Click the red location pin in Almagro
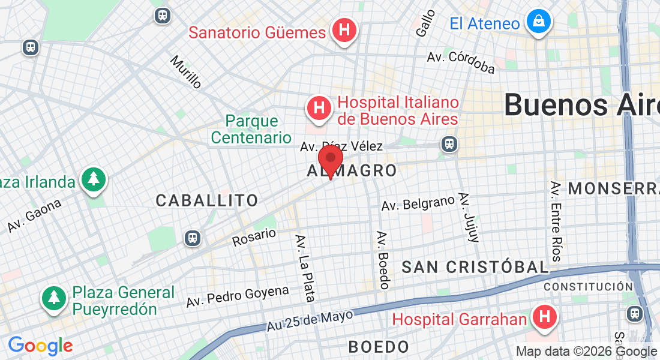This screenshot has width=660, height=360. pyautogui.click(x=330, y=159)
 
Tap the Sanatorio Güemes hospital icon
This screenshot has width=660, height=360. pyautogui.click(x=345, y=30)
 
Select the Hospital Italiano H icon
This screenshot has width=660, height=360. pyautogui.click(x=320, y=109)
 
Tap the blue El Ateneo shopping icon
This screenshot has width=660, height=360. pyautogui.click(x=538, y=23)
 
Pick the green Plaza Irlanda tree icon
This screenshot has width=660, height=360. pyautogui.click(x=93, y=179)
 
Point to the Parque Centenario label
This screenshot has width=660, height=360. pyautogui.click(x=251, y=129)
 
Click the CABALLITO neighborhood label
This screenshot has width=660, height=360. pyautogui.click(x=207, y=200)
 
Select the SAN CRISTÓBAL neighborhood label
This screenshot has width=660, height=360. pyautogui.click(x=475, y=267)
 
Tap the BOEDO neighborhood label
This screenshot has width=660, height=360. pyautogui.click(x=379, y=346)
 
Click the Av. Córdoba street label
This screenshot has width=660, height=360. pyautogui.click(x=461, y=62)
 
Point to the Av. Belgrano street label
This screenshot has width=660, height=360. pyautogui.click(x=418, y=204)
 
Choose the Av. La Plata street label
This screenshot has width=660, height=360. pyautogui.click(x=305, y=268)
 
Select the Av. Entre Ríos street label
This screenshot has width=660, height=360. pyautogui.click(x=556, y=221)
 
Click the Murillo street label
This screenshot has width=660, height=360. pyautogui.click(x=186, y=72)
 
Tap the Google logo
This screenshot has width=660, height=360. pyautogui.click(x=40, y=346)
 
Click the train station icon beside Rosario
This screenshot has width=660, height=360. pyautogui.click(x=193, y=238)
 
